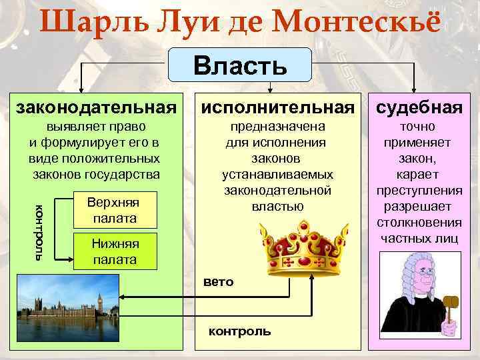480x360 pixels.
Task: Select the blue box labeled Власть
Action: click(240, 65)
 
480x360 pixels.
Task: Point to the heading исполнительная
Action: click(277, 107)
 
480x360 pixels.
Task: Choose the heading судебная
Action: click(419, 107)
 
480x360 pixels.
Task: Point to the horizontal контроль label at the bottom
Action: click(240, 331)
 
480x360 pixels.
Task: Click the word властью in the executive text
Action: click(277, 206)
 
